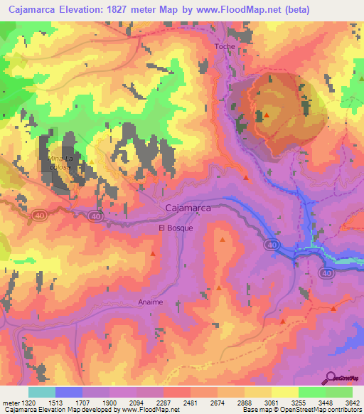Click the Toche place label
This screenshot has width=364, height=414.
pos(225,46)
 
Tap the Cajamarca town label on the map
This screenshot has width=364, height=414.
pos(188,208)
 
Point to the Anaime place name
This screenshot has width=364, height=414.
pos(150,302)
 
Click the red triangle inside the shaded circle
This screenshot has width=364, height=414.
pos(267,115)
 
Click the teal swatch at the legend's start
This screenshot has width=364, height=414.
pos(41,392)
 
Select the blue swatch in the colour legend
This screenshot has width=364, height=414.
pos(69,392)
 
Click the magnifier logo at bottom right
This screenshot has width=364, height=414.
pos(329,378)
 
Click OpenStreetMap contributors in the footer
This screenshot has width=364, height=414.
pos(313,410)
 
